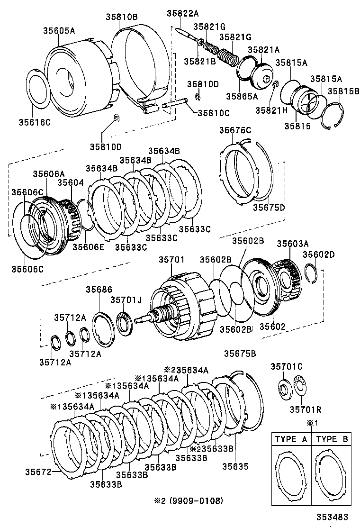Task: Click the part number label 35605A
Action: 59,31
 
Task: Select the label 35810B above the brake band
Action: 121,17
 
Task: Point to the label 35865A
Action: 243,96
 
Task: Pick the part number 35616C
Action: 35,121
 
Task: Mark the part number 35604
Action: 71,182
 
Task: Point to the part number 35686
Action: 99,290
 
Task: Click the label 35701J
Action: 126,300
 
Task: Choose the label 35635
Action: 235,466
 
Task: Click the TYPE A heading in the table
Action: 291,439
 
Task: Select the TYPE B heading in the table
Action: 332,439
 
